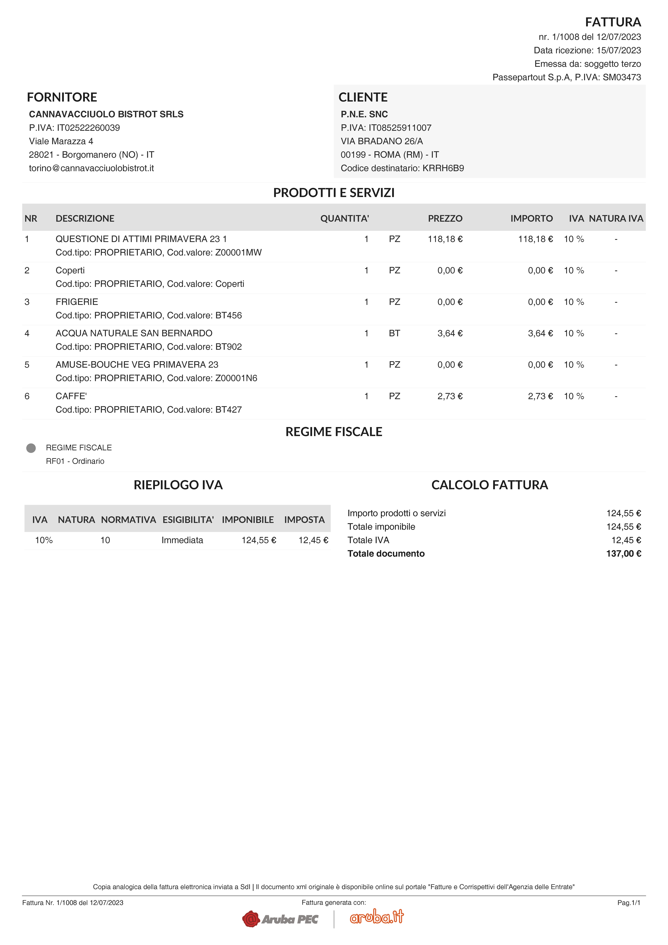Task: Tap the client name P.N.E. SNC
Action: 364,114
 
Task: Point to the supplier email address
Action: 91,168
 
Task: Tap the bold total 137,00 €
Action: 623,554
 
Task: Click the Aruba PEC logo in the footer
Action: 280,919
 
